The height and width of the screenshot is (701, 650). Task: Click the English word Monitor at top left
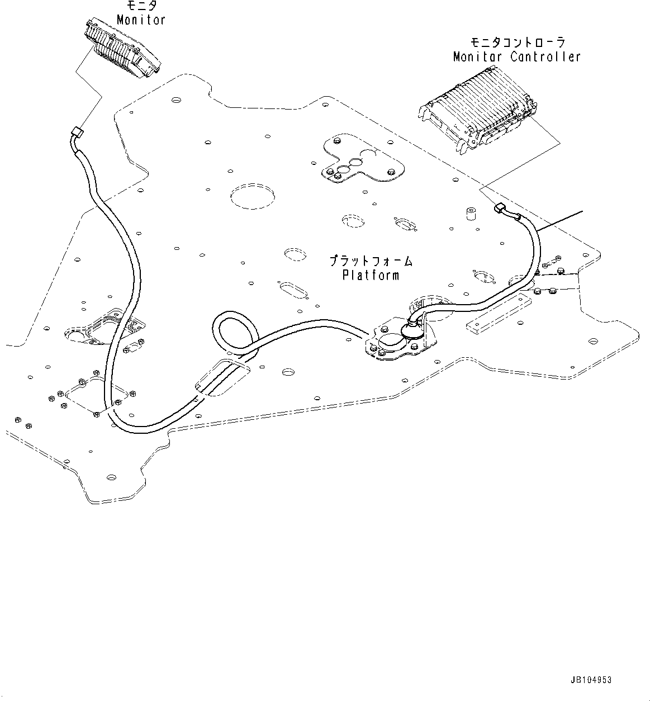[141, 20]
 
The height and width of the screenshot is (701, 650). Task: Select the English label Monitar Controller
[516, 56]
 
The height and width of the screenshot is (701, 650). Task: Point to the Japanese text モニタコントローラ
[517, 42]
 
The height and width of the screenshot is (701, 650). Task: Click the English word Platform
[371, 275]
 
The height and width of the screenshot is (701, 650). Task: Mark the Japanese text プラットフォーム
[371, 261]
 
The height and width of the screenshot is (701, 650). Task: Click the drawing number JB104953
[591, 680]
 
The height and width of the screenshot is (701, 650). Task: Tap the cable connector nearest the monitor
[77, 134]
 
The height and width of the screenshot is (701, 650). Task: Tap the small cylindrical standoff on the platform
[470, 214]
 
